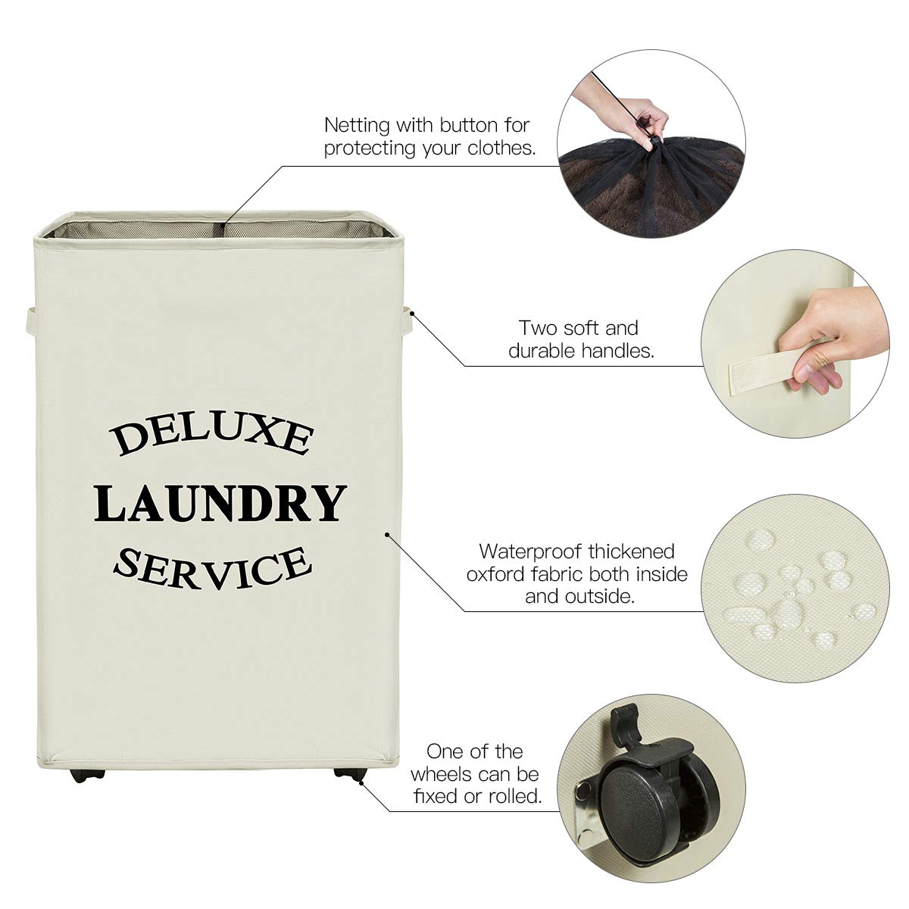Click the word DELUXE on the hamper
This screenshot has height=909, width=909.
[x=212, y=438]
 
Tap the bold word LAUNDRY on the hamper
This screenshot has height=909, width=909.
[x=220, y=503]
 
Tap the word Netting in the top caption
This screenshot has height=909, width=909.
[x=356, y=124]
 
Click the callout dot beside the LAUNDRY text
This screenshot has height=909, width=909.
[x=388, y=534]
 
